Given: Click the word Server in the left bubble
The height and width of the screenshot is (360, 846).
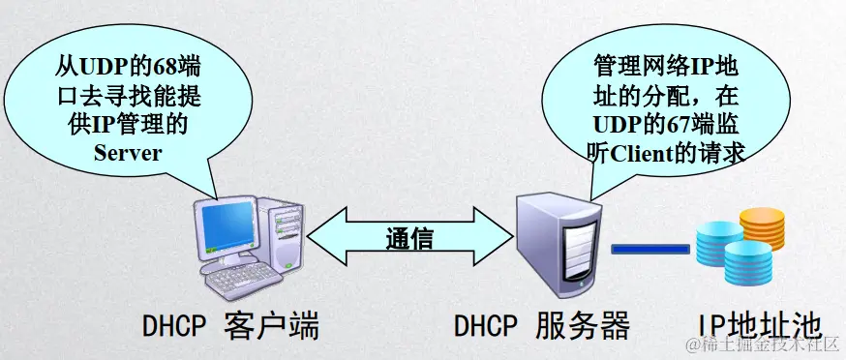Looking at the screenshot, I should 127,152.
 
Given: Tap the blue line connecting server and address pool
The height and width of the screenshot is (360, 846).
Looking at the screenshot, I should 650,249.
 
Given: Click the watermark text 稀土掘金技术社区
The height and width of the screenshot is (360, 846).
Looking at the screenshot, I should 766,346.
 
